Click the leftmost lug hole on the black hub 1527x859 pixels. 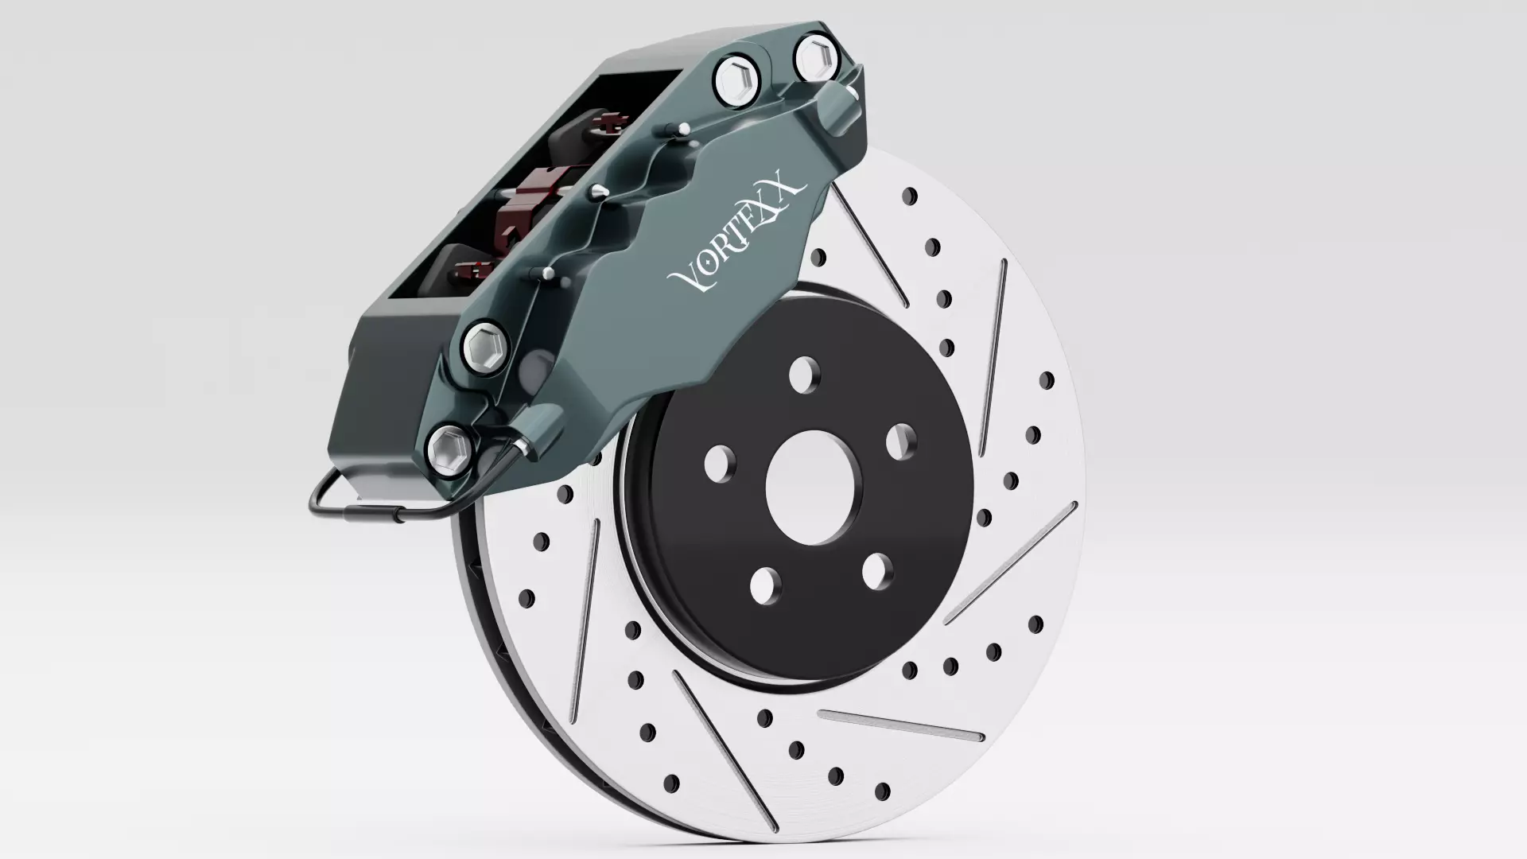click(x=720, y=463)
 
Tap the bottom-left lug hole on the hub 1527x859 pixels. click(x=765, y=585)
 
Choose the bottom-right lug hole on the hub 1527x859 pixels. click(x=877, y=570)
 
